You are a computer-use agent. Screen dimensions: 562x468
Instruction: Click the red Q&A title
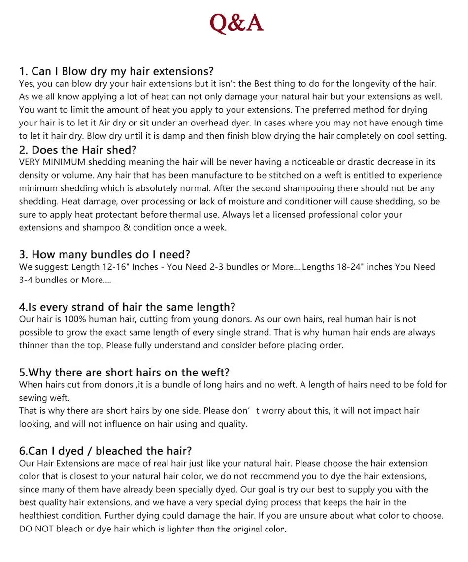click(x=236, y=23)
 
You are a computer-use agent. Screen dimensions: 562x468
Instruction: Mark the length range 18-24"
click(x=345, y=267)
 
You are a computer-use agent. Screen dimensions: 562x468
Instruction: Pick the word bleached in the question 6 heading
click(x=118, y=451)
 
